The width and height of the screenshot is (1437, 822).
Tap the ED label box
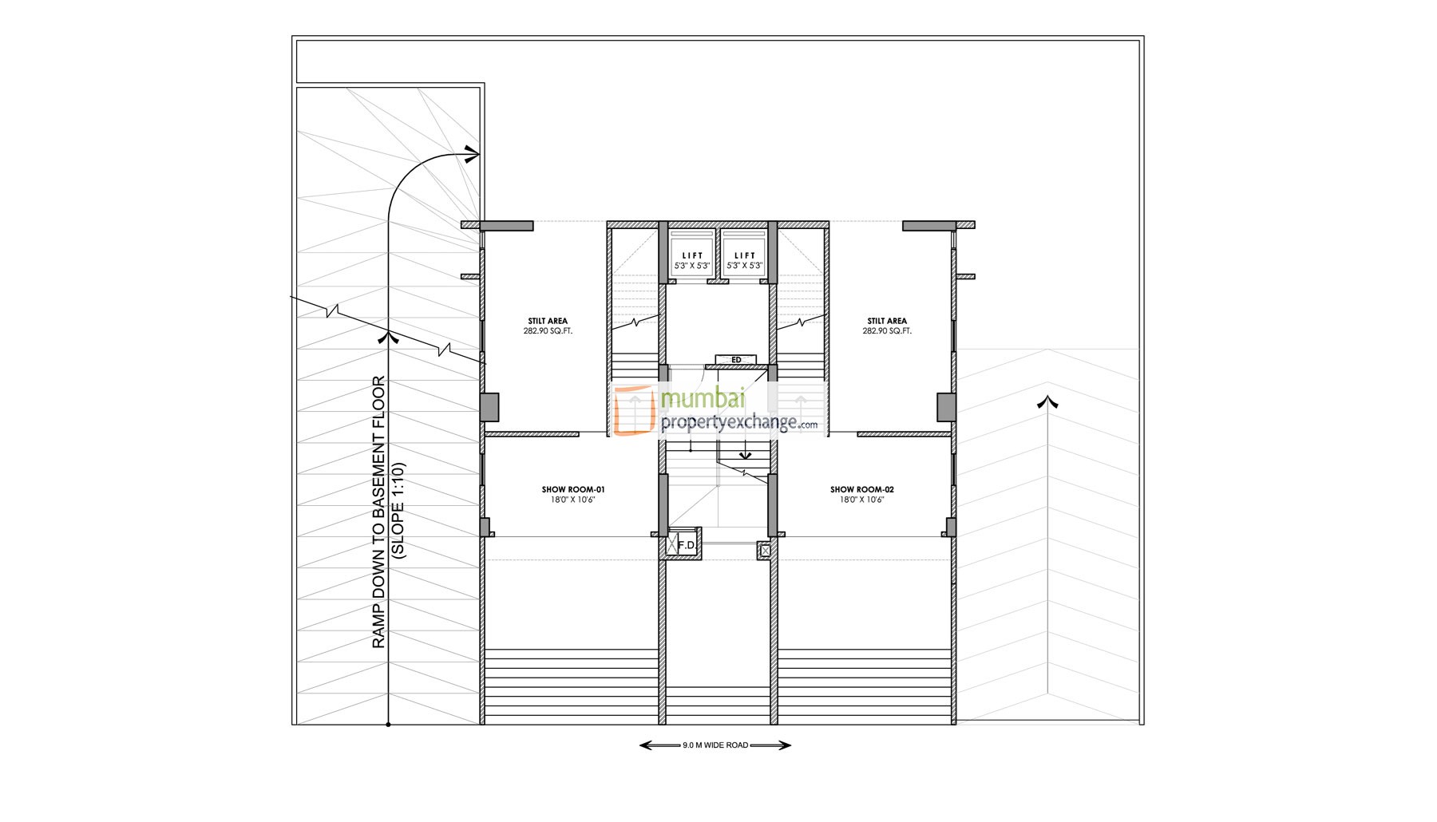tap(736, 360)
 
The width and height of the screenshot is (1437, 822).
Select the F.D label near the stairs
tap(686, 545)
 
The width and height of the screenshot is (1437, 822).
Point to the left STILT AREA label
tap(548, 321)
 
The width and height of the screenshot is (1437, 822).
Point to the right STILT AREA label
tap(887, 321)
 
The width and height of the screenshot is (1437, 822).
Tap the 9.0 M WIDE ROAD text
tap(715, 745)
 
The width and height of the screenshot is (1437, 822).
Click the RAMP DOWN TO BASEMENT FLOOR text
tap(379, 512)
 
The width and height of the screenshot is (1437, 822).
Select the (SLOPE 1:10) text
tap(399, 511)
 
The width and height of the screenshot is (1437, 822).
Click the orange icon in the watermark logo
tap(634, 409)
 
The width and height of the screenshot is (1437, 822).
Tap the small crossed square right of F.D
tap(765, 550)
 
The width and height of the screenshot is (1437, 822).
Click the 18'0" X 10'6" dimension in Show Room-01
tap(573, 500)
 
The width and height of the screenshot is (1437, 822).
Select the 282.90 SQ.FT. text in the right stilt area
tap(887, 331)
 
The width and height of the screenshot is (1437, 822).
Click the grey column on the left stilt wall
tap(489, 407)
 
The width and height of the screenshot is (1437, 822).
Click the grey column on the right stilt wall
tap(946, 407)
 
